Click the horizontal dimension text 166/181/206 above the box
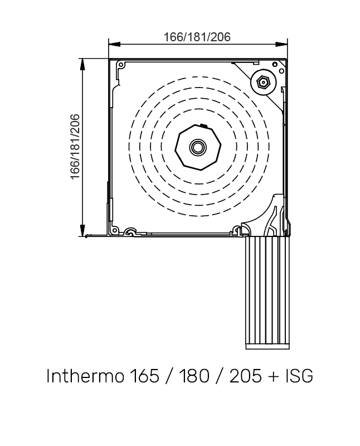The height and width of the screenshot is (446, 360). click(197, 37)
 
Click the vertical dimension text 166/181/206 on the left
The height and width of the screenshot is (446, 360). click(75, 147)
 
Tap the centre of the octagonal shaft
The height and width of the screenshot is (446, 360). click(197, 147)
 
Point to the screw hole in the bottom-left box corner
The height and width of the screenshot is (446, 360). click(115, 230)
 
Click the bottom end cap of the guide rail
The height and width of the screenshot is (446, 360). click(268, 346)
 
